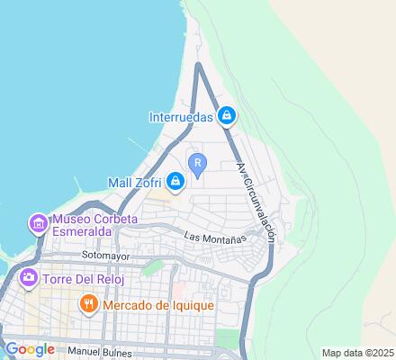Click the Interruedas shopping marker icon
(x=228, y=116)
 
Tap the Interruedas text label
(x=181, y=116)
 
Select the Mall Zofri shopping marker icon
(x=175, y=183)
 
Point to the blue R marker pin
(x=197, y=164)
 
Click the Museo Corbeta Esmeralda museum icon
(x=38, y=221)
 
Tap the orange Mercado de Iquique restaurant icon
(x=88, y=304)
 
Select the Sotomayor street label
(x=105, y=256)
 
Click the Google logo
(x=29, y=348)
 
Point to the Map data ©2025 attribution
(x=358, y=353)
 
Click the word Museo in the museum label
(x=75, y=219)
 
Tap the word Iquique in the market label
(x=188, y=304)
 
